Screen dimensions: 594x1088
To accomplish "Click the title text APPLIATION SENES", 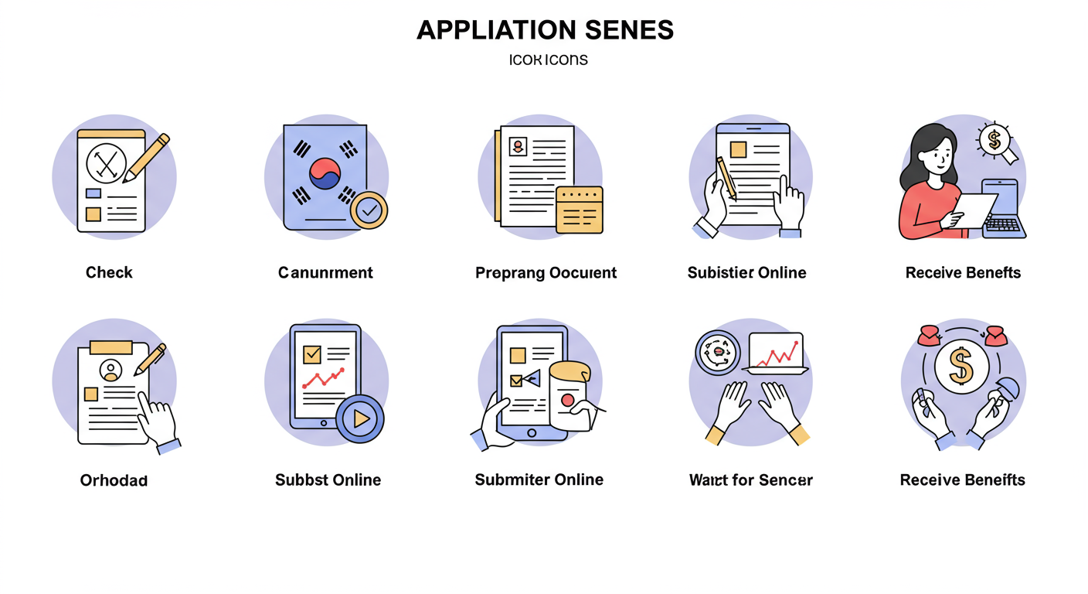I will pos(545,30).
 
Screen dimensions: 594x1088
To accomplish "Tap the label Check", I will pos(109,272).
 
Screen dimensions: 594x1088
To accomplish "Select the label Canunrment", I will pos(325,272).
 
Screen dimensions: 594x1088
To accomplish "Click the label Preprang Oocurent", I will pos(546,272).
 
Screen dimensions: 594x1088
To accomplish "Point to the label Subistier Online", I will pos(746,272).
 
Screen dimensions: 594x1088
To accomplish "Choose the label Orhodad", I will pos(114,480).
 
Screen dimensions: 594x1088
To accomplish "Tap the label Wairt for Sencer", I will pos(750,480).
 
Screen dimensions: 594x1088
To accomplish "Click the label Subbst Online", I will pos(328,480).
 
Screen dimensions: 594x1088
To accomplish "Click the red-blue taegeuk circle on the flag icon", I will pos(325,174).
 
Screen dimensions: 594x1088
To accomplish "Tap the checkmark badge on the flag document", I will pos(369,210).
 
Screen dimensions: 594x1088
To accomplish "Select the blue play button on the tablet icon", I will pos(359,418).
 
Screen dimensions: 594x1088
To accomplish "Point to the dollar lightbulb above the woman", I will pos(994,140).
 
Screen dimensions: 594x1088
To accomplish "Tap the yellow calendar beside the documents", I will pos(579,209).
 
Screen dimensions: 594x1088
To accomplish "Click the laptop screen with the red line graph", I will pos(776,351).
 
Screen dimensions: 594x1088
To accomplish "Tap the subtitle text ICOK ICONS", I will pos(549,60).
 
